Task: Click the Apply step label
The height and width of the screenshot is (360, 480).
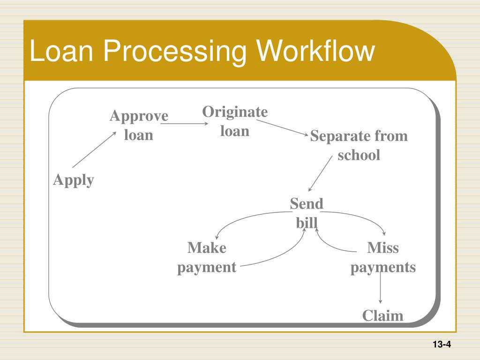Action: [x=74, y=180]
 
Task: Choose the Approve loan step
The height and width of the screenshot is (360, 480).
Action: [x=139, y=125]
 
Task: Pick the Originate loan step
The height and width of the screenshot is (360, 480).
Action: [x=235, y=121]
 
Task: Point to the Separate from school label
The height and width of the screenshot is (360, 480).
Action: [x=359, y=146]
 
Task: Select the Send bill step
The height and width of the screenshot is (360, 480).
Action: [x=307, y=213]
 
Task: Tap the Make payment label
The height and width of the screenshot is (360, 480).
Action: [x=207, y=257]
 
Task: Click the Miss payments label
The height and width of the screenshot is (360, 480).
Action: [x=383, y=257]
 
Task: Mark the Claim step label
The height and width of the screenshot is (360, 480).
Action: [x=382, y=315]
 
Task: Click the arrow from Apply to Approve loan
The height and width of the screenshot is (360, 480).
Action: [x=94, y=150]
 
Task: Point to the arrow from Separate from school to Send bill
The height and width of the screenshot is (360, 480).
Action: [x=320, y=175]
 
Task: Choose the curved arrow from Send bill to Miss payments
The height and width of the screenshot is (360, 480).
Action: [x=361, y=217]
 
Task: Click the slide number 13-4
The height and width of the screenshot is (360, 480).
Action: [x=442, y=345]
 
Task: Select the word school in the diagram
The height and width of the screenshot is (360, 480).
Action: [x=359, y=155]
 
